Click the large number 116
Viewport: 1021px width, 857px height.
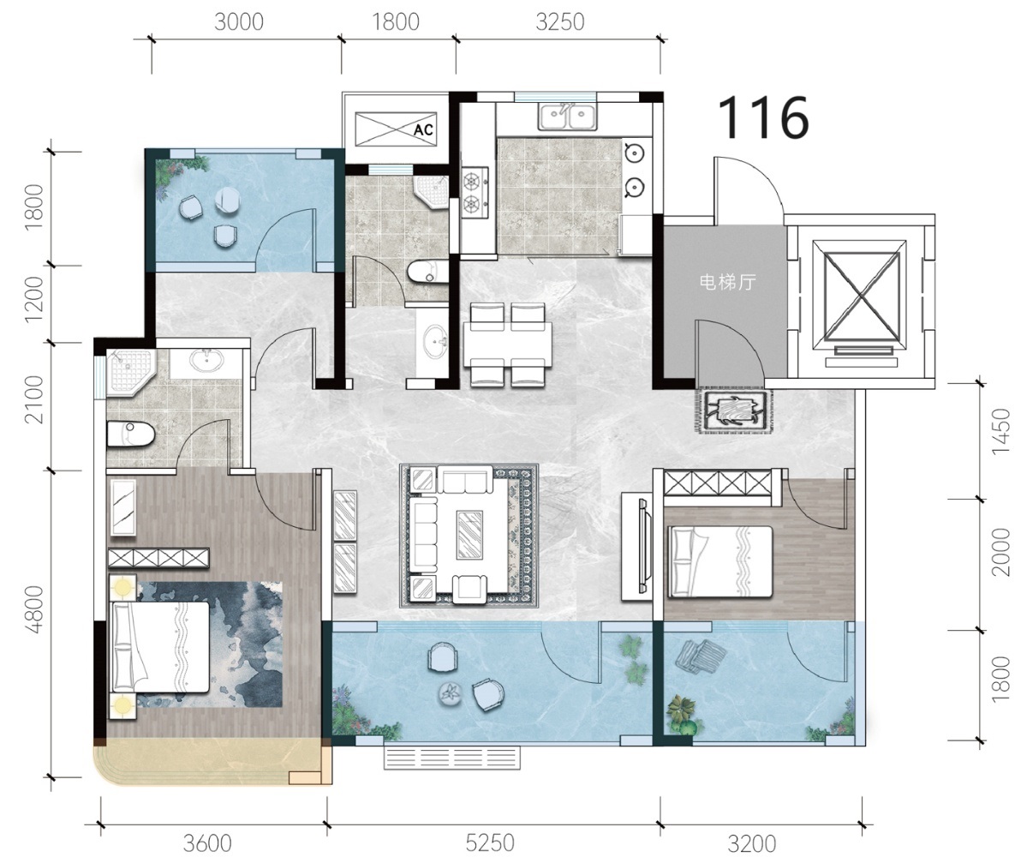[763, 117]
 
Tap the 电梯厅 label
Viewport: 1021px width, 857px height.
[727, 282]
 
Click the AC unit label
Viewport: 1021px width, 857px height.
[423, 129]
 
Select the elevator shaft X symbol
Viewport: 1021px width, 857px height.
[862, 297]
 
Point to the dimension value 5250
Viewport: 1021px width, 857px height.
[490, 842]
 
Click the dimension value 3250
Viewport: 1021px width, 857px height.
[560, 21]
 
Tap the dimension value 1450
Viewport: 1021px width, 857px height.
[1000, 431]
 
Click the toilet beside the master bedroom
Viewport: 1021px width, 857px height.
[130, 434]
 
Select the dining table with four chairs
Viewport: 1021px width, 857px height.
[507, 345]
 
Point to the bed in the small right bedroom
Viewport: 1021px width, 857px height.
[720, 562]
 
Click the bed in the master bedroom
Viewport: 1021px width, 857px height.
[161, 646]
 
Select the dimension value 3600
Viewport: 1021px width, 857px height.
[207, 842]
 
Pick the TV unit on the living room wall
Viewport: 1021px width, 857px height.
[637, 546]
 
